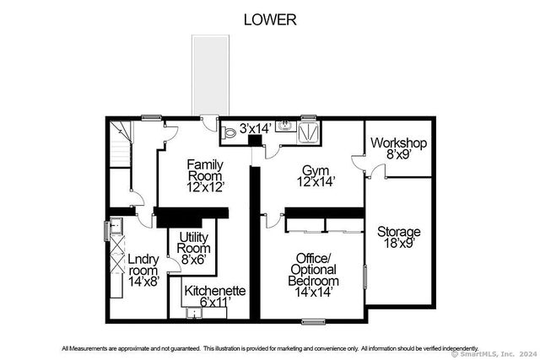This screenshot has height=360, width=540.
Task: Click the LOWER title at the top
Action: coord(270,19)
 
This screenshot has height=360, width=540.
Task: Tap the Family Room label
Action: coord(205,170)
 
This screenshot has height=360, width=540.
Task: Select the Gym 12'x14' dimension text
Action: coord(316,182)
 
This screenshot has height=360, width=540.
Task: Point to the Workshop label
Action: coord(398,142)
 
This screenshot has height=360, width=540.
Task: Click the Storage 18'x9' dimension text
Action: coord(399,244)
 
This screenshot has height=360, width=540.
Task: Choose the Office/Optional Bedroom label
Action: coord(313,269)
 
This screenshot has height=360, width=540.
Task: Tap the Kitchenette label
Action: coord(215,291)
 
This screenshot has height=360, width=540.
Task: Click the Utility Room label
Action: coord(194,243)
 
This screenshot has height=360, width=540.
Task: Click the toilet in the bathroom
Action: coord(229,132)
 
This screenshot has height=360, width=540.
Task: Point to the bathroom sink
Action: coord(285,126)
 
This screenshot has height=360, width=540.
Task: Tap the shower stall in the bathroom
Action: coord(308,132)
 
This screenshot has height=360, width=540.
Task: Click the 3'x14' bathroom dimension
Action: coord(256,128)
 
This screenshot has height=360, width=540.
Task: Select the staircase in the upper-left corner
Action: coord(121,144)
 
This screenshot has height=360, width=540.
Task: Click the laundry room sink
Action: coord(116,226)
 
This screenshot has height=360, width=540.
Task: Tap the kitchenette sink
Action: coord(193,313)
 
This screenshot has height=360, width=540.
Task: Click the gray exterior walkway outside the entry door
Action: coord(210,75)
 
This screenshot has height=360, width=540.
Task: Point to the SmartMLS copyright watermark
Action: coord(493,354)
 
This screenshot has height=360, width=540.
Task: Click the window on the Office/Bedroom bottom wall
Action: coord(313,322)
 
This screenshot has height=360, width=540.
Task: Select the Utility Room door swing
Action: coord(175,265)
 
